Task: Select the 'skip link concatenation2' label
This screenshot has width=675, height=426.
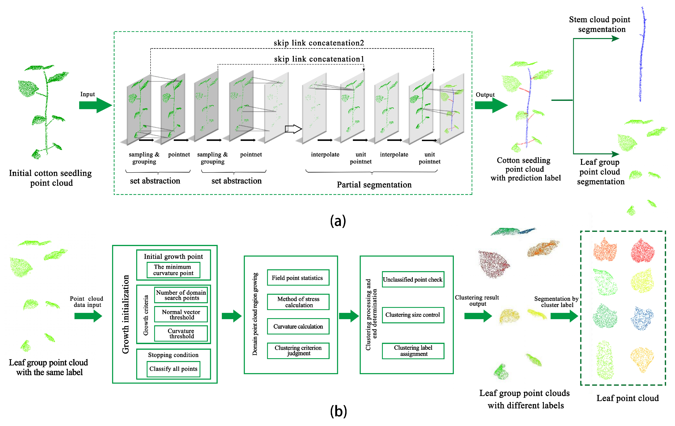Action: click(319, 43)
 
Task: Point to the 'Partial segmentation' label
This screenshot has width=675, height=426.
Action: click(374, 185)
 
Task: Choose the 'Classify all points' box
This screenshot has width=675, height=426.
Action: click(173, 369)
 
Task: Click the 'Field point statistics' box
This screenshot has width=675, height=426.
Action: click(298, 278)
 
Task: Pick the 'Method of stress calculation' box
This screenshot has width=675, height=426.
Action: click(298, 302)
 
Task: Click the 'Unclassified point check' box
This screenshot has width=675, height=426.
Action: click(413, 279)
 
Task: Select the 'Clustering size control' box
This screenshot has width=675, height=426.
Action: click(413, 315)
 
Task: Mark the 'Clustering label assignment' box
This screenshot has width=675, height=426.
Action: click(413, 351)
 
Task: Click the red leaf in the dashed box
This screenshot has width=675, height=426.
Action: click(642, 251)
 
